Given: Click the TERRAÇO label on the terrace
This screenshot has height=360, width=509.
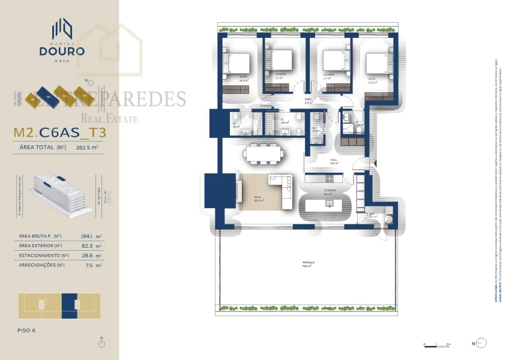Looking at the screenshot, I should (x=309, y=264).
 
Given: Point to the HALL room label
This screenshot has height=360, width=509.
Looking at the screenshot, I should (x=334, y=161).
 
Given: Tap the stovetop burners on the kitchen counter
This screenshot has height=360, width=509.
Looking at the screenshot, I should (x=329, y=178).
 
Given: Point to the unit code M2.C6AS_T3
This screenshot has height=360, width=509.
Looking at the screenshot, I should (x=59, y=133).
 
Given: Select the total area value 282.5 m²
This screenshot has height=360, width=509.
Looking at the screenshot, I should (x=86, y=147).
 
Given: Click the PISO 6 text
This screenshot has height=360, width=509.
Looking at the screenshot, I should (x=28, y=330).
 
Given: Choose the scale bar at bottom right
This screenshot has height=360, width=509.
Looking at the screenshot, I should (x=436, y=344).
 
